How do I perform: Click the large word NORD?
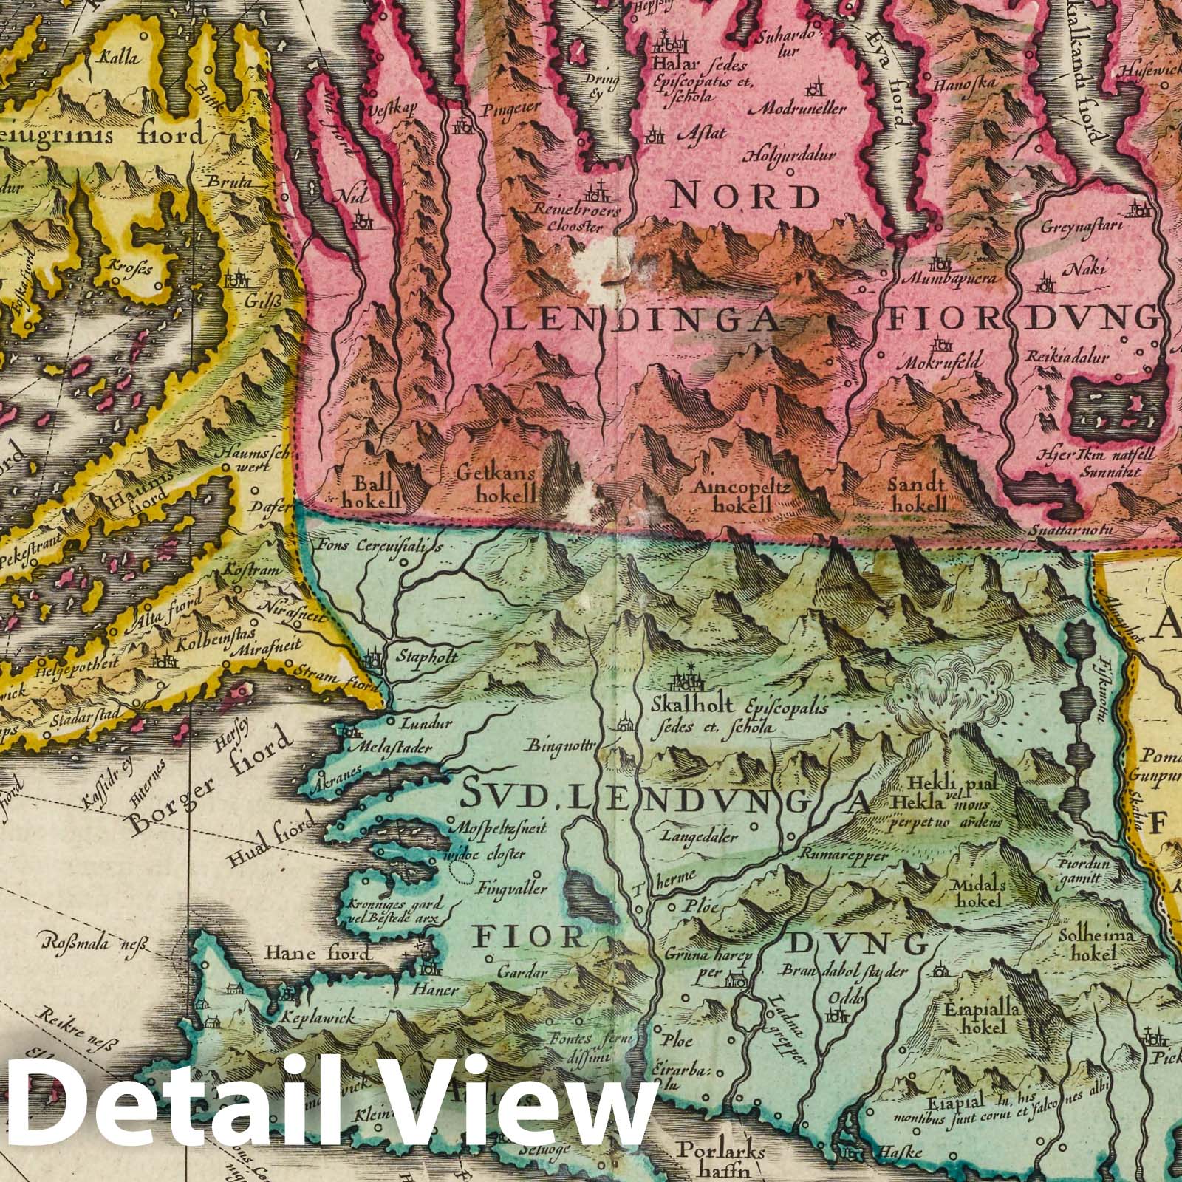(x=745, y=197)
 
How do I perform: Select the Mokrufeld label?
(x=940, y=363)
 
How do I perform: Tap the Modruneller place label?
(x=807, y=109)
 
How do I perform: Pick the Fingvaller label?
(x=512, y=887)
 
